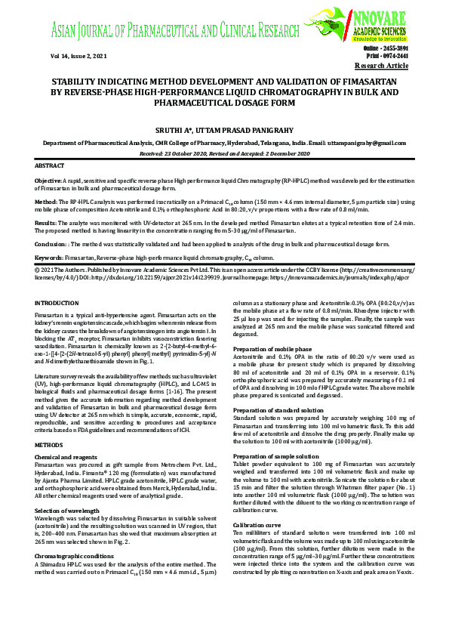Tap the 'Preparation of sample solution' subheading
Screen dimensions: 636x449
click(276, 455)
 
